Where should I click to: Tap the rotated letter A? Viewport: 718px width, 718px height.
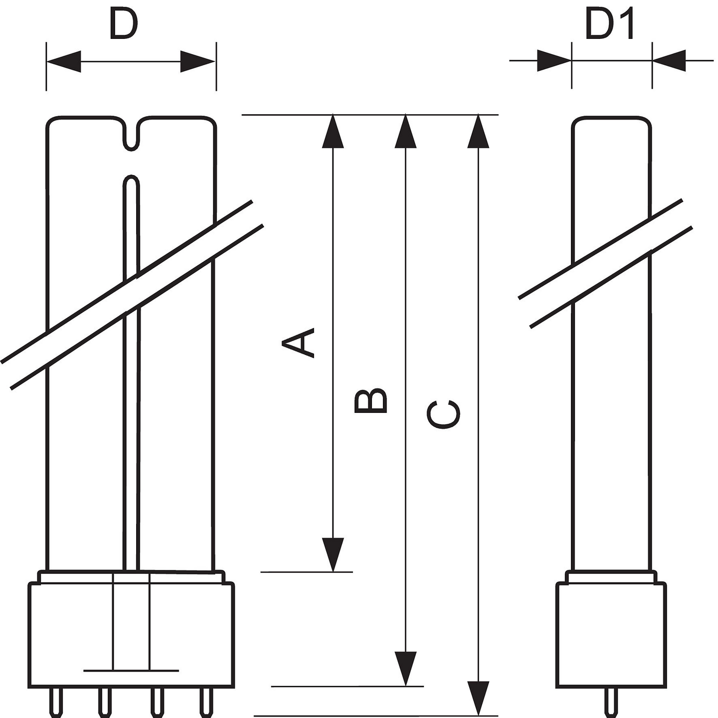click(299, 343)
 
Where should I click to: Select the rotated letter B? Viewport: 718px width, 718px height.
click(370, 401)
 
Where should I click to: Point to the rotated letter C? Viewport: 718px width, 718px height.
click(443, 414)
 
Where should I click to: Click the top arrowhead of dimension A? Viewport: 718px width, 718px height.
click(333, 132)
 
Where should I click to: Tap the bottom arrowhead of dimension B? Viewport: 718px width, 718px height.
click(405, 668)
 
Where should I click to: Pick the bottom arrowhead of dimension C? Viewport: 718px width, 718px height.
click(478, 698)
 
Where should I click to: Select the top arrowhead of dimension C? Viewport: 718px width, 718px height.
click(478, 132)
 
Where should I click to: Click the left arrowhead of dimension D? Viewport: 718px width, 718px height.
click(64, 61)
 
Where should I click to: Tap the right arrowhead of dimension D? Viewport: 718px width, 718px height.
click(198, 61)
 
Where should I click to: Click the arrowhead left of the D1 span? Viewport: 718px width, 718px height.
click(554, 61)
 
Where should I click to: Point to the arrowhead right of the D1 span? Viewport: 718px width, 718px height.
click(670, 61)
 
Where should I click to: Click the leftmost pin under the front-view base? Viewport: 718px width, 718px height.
click(56, 703)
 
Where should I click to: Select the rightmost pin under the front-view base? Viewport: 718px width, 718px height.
click(206, 703)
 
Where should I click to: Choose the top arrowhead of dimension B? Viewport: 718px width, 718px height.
click(405, 132)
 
